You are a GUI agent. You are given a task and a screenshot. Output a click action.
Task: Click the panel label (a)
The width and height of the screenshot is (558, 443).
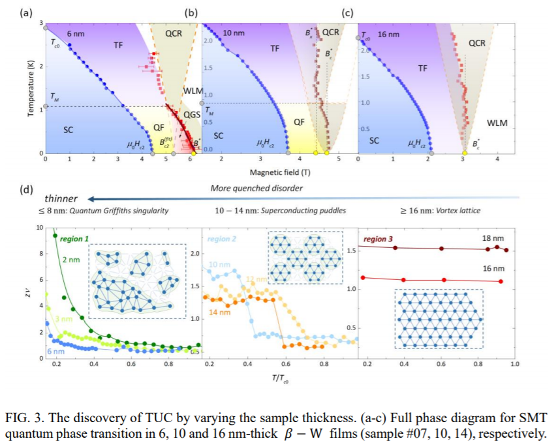pos(25,12)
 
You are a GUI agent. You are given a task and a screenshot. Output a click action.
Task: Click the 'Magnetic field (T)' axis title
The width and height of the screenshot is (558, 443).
pos(277,172)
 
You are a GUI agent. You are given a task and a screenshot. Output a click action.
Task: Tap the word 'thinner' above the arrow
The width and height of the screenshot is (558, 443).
pos(62,198)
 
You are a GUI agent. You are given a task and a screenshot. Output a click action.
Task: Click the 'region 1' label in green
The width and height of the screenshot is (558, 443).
pos(75,239)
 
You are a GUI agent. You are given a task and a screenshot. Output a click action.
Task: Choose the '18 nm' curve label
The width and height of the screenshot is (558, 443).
pos(493,239)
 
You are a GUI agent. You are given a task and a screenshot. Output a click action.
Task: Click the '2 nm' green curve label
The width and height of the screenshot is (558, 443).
pos(70,260)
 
